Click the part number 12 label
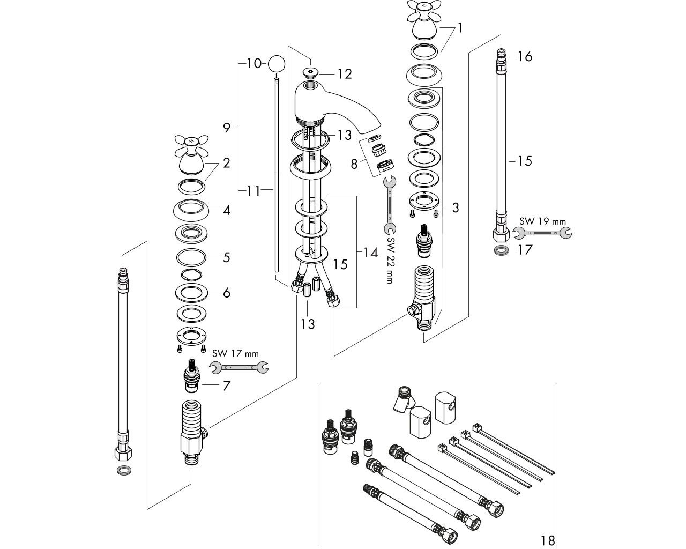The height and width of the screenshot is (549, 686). (x=344, y=75)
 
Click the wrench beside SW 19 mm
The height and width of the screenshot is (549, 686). (x=542, y=233)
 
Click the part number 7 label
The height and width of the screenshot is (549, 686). (x=227, y=385)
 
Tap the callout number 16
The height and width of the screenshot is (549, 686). (x=525, y=56)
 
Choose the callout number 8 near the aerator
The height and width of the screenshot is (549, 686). (x=354, y=164)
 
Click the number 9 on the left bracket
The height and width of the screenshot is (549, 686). (x=227, y=128)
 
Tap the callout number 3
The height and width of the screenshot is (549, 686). (x=455, y=207)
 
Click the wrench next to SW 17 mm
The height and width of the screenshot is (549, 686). (x=240, y=367)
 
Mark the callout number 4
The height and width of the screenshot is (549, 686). (x=227, y=211)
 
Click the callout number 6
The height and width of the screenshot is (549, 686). (x=227, y=292)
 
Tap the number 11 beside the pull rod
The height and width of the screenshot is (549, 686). (x=253, y=190)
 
